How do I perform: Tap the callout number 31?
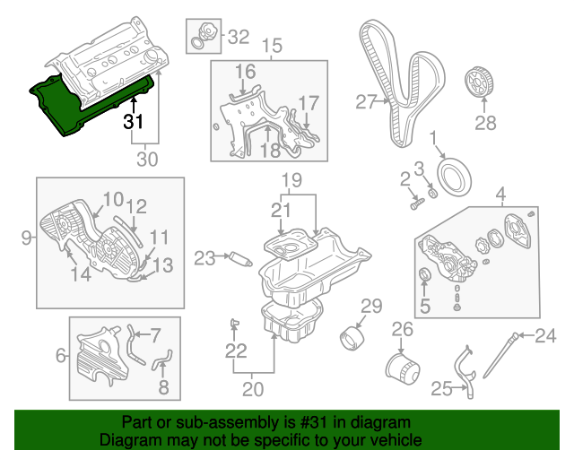click(134, 122)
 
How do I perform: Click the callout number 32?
click(238, 37)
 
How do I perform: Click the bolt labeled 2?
click(415, 204)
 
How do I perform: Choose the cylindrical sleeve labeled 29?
click(353, 341)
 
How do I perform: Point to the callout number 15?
click(270, 45)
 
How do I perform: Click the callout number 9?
click(26, 238)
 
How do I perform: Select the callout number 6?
click(61, 356)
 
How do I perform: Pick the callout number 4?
click(500, 192)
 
